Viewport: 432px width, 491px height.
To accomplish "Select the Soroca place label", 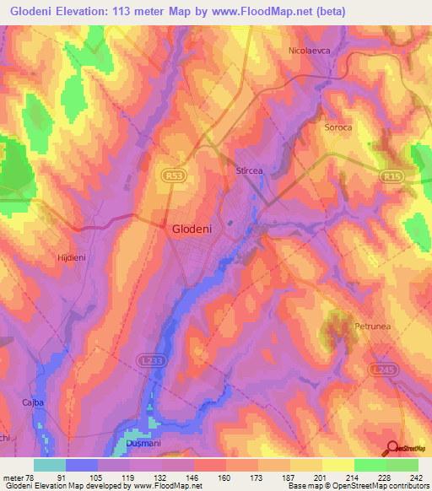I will (x=337, y=127).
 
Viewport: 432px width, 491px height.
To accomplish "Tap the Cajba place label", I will (x=31, y=402).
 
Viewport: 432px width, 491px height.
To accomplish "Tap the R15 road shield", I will (x=389, y=177).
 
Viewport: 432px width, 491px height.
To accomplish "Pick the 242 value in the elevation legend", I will (x=416, y=477).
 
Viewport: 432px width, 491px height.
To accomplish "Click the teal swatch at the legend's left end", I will (x=49, y=465).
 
